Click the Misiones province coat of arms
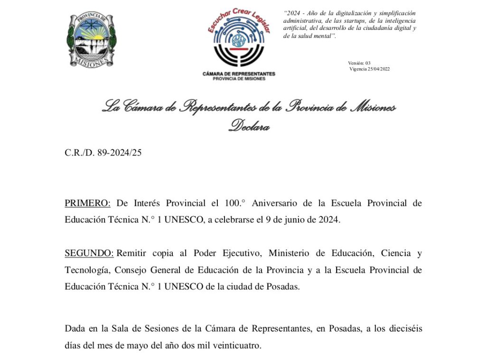tap(90, 40)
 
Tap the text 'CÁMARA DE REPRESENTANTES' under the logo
tap(239, 74)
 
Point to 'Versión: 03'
tap(359, 63)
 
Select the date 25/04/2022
tap(379, 69)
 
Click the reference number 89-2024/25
tap(119, 153)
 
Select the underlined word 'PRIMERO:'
tap(88, 203)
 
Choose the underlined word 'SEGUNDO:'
tap(89, 253)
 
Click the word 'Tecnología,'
tap(88, 270)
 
